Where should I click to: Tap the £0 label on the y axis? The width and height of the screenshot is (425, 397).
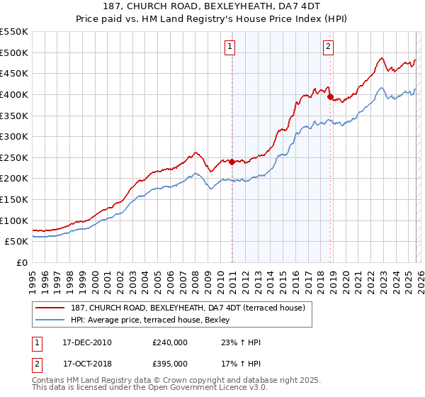tap(23, 262)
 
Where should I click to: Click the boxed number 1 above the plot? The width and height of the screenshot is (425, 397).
tap(231, 47)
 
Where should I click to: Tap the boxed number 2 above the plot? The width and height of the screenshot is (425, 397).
tap(329, 47)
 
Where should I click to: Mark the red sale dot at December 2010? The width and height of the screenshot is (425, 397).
tap(232, 162)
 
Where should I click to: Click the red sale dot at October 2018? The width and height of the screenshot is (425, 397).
tap(330, 96)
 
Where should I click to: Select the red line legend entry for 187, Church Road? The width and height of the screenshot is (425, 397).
tap(188, 308)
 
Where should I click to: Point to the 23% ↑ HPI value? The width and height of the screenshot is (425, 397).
tap(242, 342)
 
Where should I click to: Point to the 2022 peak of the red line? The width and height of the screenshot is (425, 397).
tap(381, 58)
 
